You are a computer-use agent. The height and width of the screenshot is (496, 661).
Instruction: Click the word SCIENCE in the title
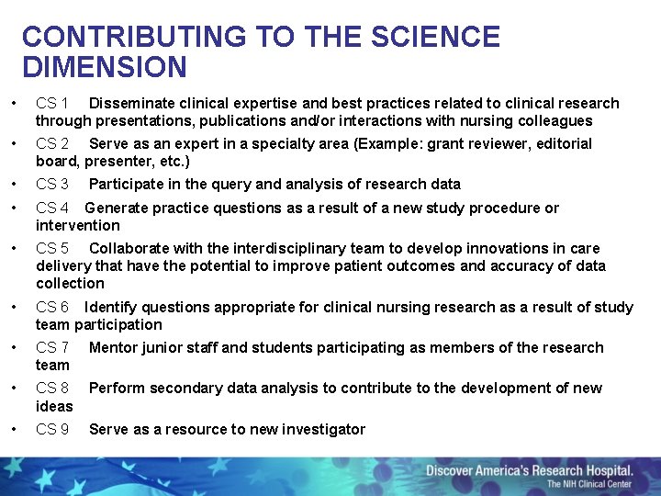435,37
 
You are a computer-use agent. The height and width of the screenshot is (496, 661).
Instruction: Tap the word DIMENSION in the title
104,67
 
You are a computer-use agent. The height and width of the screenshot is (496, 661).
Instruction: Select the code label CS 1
52,103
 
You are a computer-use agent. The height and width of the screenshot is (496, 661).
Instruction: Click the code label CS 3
52,184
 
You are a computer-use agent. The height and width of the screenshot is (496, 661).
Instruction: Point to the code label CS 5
52,248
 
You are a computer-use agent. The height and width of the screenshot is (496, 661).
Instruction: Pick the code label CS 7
52,347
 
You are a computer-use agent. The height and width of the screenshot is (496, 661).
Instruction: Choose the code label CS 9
52,429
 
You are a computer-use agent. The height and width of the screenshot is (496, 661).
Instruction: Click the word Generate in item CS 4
116,208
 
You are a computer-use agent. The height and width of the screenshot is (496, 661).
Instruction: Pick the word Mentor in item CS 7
114,347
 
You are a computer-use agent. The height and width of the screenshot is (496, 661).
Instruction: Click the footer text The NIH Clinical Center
589,484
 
